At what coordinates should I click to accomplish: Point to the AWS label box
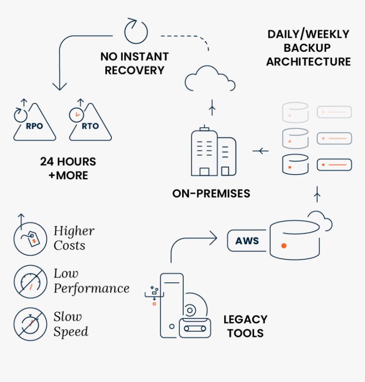pyautogui.click(x=247, y=241)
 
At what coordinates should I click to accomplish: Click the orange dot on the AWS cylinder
pyautogui.click(x=284, y=246)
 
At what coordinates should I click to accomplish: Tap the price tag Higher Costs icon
pyautogui.click(x=30, y=239)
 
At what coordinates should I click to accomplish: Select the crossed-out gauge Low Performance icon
pyautogui.click(x=30, y=282)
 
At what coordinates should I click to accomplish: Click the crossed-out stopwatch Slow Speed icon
pyautogui.click(x=30, y=324)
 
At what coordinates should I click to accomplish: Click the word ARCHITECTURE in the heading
pyautogui.click(x=309, y=62)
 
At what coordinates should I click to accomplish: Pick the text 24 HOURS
pyautogui.click(x=68, y=162)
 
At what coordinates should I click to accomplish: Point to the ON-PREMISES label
pyautogui.click(x=211, y=194)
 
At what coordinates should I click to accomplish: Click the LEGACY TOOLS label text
pyautogui.click(x=245, y=326)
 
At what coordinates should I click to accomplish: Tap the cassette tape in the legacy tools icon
pyautogui.click(x=195, y=328)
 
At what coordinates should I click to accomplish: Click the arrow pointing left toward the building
pyautogui.click(x=260, y=151)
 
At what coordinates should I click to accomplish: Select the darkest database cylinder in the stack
pyautogui.click(x=295, y=164)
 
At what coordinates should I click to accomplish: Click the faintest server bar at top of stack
pyautogui.click(x=334, y=112)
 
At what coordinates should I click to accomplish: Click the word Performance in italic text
pyautogui.click(x=91, y=289)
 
